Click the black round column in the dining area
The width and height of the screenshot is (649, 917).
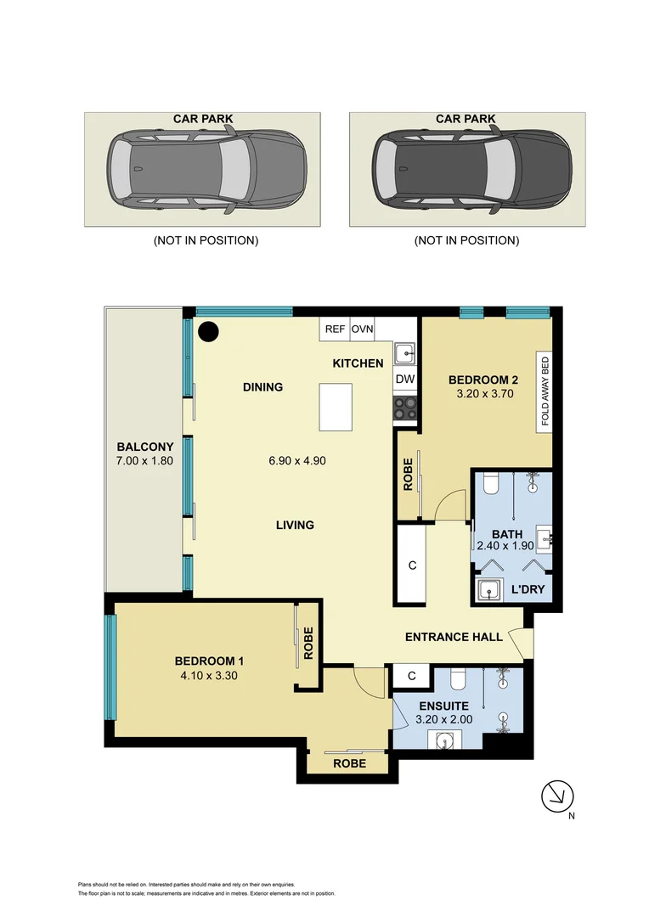(208, 332)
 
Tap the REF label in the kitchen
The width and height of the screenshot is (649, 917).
(334, 329)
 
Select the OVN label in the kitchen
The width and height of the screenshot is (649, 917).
(363, 329)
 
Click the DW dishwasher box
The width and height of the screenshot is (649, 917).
(405, 379)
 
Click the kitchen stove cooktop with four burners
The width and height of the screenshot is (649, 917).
(405, 408)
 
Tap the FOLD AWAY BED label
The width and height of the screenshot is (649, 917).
(545, 391)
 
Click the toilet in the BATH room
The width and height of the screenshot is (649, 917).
(489, 485)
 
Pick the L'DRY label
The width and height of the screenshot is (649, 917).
(527, 589)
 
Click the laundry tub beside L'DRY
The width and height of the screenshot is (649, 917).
(488, 589)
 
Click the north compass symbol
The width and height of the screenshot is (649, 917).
(557, 796)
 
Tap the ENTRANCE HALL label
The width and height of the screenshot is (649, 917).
(454, 637)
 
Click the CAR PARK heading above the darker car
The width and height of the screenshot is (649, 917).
(466, 119)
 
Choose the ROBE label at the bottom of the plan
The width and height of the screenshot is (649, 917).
(349, 763)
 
